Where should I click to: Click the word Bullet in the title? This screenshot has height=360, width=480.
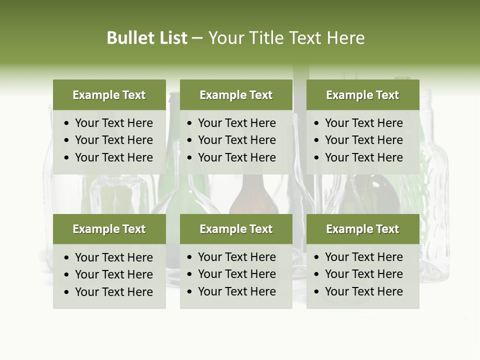click(x=127, y=38)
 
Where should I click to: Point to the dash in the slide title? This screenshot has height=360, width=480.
click(x=197, y=38)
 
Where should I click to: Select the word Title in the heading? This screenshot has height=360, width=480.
click(x=269, y=38)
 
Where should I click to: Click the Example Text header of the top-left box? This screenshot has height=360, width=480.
click(x=109, y=95)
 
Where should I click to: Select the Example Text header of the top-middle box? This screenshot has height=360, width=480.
click(x=236, y=95)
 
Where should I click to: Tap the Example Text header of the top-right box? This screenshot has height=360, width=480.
click(x=362, y=95)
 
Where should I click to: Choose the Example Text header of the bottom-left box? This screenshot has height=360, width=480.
click(x=109, y=229)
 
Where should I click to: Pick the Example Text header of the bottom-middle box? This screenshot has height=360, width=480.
click(x=236, y=229)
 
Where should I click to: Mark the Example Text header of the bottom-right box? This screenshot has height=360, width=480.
click(x=362, y=229)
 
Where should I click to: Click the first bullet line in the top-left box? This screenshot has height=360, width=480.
click(x=113, y=123)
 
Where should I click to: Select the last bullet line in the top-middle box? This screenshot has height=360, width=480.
click(x=236, y=157)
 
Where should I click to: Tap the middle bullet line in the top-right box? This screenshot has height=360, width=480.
click(x=363, y=140)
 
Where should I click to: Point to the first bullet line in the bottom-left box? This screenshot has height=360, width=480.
click(x=113, y=257)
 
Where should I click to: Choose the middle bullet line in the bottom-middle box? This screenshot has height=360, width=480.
click(x=236, y=274)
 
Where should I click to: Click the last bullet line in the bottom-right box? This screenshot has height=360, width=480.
click(x=363, y=291)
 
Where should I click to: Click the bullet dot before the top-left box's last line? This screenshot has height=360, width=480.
click(x=67, y=158)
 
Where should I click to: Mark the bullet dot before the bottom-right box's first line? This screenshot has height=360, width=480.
click(x=317, y=257)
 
